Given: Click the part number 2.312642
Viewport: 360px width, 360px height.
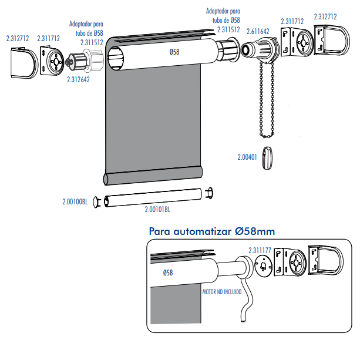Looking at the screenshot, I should pyautogui.click(x=79, y=78).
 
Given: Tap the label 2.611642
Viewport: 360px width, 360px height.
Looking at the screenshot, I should pyautogui.click(x=258, y=31).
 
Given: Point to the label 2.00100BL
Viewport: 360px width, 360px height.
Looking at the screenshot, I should pyautogui.click(x=75, y=201).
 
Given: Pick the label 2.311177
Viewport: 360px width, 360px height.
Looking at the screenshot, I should pyautogui.click(x=260, y=250).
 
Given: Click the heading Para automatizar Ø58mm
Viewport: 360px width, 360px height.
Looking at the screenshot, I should pyautogui.click(x=211, y=231).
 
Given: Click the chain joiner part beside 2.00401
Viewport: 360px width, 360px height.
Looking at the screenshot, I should pyautogui.click(x=268, y=157).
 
